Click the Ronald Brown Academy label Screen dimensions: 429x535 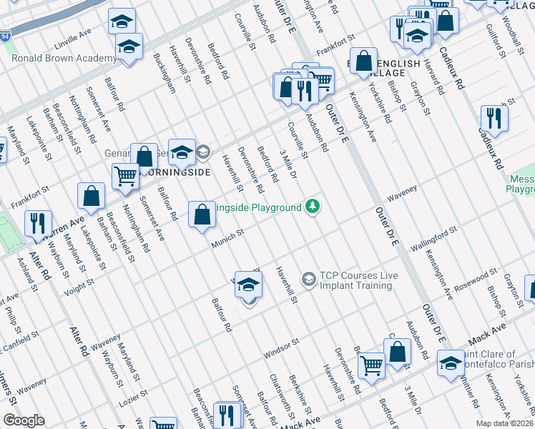[x=64, y=58]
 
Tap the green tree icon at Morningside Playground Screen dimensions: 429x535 [x=313, y=207]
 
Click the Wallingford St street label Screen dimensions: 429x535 [x=433, y=239]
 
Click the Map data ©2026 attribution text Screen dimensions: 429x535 [x=505, y=423]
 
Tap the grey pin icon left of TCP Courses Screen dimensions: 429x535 [x=309, y=277]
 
